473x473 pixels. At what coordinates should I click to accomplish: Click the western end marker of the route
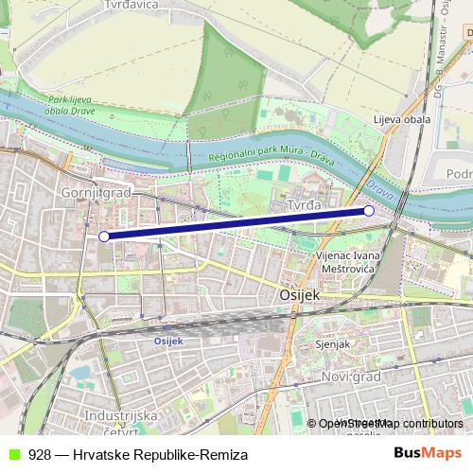104,236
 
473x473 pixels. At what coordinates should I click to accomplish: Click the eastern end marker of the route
369,211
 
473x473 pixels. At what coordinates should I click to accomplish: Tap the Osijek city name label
301,296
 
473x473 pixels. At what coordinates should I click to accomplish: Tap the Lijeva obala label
401,120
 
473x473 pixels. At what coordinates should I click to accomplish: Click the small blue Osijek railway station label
167,341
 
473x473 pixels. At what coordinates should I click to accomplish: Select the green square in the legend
12,455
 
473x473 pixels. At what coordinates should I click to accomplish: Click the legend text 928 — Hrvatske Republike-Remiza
138,455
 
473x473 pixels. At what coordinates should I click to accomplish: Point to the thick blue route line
236,224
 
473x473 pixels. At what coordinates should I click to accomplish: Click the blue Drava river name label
379,185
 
